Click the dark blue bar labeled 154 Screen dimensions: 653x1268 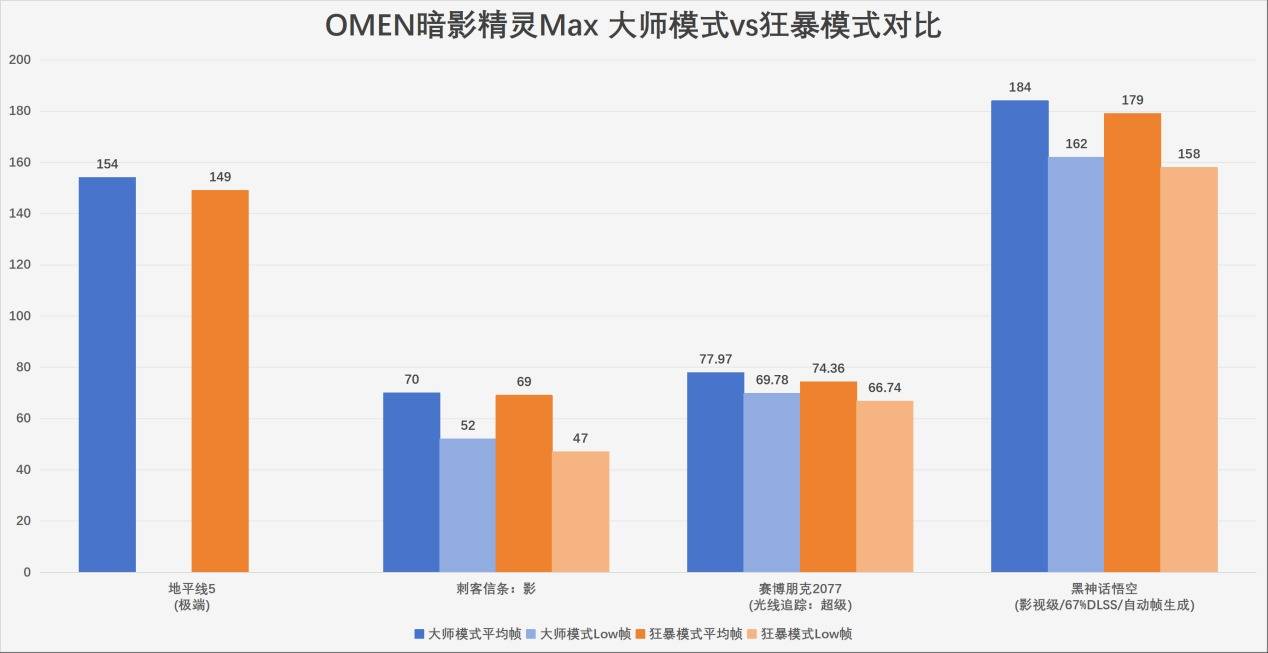coord(107,375)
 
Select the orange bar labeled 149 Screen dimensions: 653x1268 coord(220,381)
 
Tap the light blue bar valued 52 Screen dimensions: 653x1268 coord(467,505)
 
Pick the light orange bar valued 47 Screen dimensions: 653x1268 coord(580,511)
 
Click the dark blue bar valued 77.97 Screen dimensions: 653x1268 coord(715,472)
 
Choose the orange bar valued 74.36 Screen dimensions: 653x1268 coord(828,477)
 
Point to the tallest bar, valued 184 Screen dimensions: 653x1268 coord(1019,336)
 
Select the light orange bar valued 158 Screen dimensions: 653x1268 coord(1189,369)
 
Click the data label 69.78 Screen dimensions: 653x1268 coord(771,380)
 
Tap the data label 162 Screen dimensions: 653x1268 coord(1076,144)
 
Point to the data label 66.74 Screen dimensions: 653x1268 coord(885,388)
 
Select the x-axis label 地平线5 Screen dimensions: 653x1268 coord(191,589)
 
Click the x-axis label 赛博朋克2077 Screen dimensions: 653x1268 coord(799,589)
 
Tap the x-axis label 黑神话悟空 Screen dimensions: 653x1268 coord(1104,589)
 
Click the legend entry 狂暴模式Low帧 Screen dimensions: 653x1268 coord(805,633)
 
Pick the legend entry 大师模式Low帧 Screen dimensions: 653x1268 coord(584,633)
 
